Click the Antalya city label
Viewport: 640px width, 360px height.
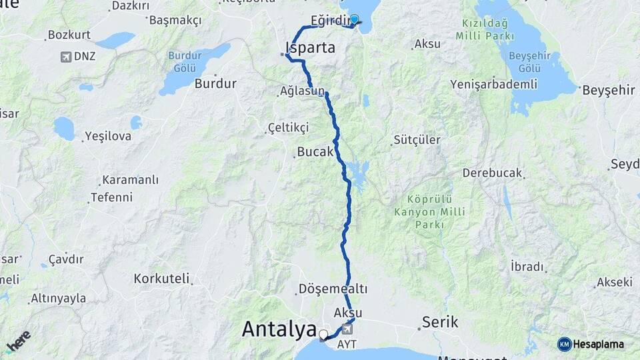click(279, 329)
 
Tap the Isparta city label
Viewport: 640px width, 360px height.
click(310, 48)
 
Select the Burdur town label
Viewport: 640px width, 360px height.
click(215, 84)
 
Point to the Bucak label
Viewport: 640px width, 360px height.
click(315, 152)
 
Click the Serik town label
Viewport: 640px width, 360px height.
click(439, 323)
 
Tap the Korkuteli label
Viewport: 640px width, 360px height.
click(161, 279)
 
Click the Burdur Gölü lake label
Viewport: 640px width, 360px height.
click(184, 61)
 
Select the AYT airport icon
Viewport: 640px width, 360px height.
click(347, 329)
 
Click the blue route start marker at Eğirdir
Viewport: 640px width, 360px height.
click(355, 20)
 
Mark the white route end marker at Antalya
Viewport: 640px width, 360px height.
click(323, 335)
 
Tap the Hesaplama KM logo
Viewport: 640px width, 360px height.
click(590, 344)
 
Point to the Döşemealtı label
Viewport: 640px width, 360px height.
click(333, 289)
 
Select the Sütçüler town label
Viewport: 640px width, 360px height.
click(417, 140)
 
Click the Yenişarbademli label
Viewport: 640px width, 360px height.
click(493, 84)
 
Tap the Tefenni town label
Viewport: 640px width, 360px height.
click(111, 197)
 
